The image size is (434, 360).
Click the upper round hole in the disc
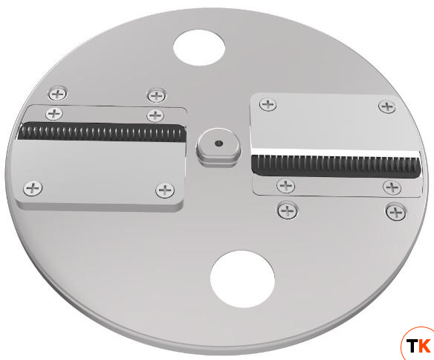(199, 48)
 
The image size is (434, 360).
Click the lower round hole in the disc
(242, 279)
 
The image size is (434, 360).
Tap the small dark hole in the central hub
(219, 143)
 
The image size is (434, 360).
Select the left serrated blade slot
(102, 132)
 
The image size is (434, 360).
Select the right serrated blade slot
(336, 166)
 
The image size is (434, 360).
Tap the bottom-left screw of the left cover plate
(33, 188)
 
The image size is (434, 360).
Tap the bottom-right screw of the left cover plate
(165, 190)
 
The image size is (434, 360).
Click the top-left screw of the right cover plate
(268, 105)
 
